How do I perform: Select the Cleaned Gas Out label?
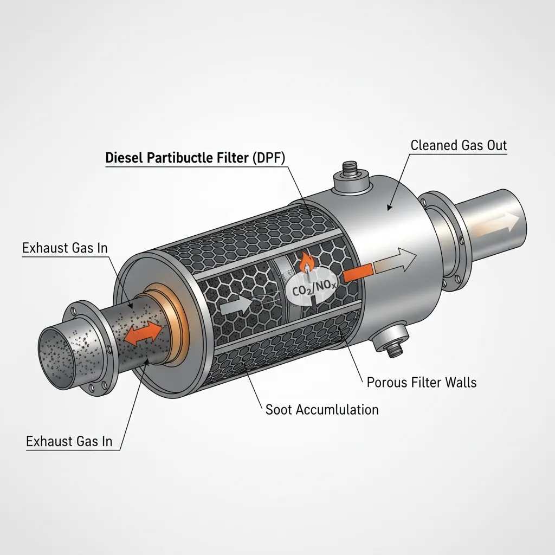[x=459, y=145]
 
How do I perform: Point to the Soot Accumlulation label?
[x=322, y=409]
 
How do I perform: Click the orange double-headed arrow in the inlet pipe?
[x=143, y=333]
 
